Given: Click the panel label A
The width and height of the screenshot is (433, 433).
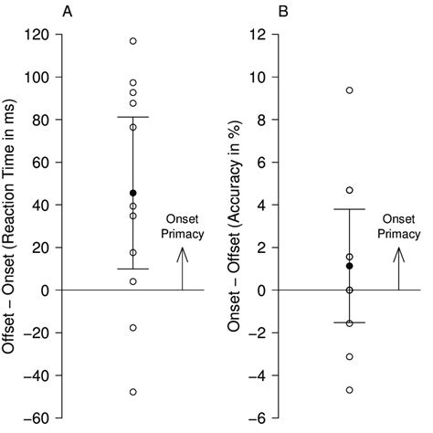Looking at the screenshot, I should [x=67, y=12].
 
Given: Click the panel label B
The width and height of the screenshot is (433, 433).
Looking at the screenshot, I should [x=284, y=12].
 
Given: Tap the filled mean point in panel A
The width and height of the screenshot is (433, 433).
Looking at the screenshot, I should [x=133, y=193].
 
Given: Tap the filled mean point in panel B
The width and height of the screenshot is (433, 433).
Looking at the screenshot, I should [x=349, y=266].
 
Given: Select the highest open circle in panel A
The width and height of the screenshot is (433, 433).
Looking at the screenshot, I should [x=133, y=41].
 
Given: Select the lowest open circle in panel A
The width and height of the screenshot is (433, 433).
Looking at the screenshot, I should [x=133, y=392].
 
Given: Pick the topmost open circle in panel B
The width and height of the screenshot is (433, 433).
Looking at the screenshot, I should [x=349, y=90].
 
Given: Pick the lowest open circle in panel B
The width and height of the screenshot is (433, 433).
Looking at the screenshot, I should [x=349, y=390].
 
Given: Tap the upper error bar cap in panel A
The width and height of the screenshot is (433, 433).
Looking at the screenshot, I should [x=133, y=117].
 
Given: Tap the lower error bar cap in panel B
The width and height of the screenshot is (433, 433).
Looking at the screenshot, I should [x=349, y=322].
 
